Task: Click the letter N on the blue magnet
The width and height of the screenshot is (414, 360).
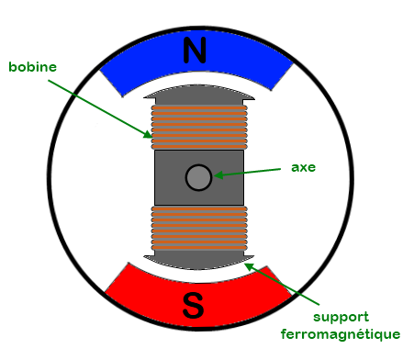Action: pyautogui.click(x=195, y=51)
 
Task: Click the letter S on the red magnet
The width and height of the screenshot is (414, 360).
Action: pyautogui.click(x=194, y=306)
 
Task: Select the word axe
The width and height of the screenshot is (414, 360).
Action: pyautogui.click(x=304, y=168)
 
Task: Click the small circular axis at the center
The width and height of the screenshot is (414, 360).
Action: pyautogui.click(x=198, y=177)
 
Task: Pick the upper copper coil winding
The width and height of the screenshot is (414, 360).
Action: pyautogui.click(x=198, y=127)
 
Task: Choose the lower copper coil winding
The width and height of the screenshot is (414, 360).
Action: pyautogui.click(x=198, y=227)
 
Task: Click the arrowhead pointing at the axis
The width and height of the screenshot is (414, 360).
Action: pyautogui.click(x=218, y=174)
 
